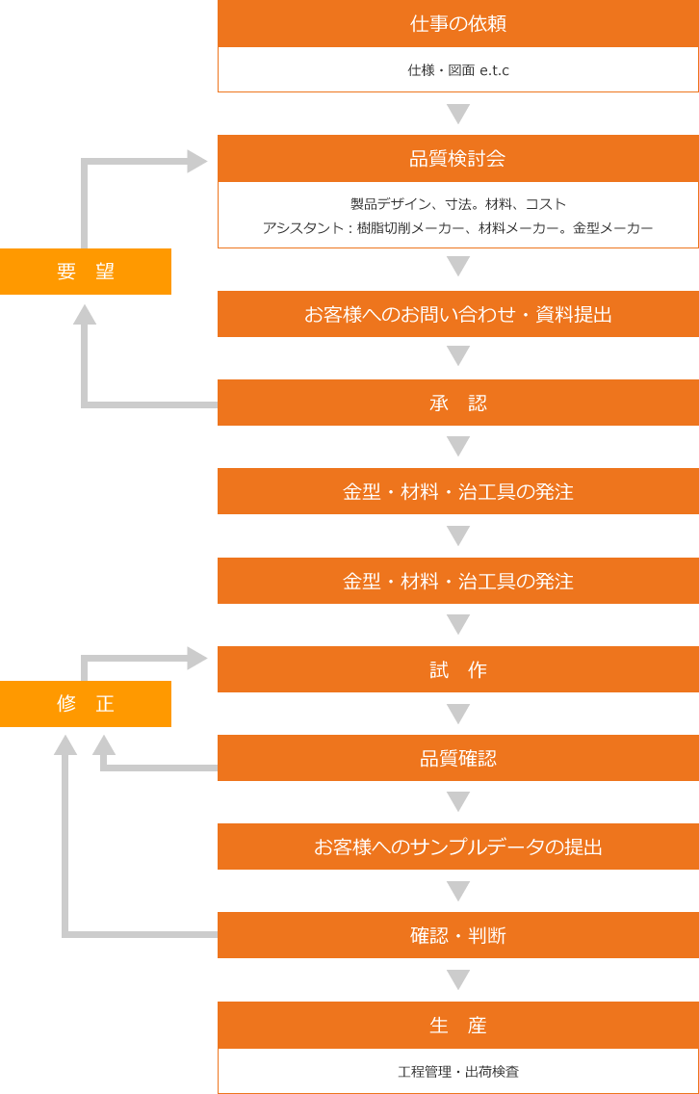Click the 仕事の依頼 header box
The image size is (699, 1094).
pyautogui.click(x=458, y=24)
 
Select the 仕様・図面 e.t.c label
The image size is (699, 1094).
pyautogui.click(x=461, y=71)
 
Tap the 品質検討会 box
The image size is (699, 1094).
pyautogui.click(x=458, y=159)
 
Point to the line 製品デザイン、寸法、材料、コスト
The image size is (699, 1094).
pyautogui.click(x=458, y=204)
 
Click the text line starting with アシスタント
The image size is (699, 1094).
pyautogui.click(x=458, y=228)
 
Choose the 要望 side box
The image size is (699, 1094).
pyautogui.click(x=86, y=272)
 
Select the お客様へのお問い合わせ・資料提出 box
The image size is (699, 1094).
pyautogui.click(x=458, y=314)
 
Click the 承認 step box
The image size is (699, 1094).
pyautogui.click(x=458, y=403)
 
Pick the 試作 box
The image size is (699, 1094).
pyautogui.click(x=458, y=669)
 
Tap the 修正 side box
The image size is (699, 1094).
pyautogui.click(x=86, y=704)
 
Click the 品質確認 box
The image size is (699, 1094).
pyautogui.click(x=458, y=758)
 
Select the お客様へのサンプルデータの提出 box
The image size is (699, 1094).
pyautogui.click(x=458, y=847)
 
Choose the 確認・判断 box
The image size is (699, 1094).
pyautogui.click(x=458, y=935)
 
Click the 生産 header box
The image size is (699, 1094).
pyautogui.click(x=458, y=1026)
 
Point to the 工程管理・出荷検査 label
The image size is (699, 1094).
pyautogui.click(x=461, y=1073)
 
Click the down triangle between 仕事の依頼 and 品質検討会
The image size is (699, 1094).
pyautogui.click(x=458, y=114)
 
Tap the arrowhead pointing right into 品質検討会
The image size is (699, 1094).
pyautogui.click(x=197, y=162)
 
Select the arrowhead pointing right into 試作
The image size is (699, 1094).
pyautogui.click(x=197, y=659)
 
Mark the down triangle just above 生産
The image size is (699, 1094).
pyautogui.click(x=458, y=979)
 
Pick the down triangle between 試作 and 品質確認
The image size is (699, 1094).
pyautogui.click(x=458, y=714)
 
